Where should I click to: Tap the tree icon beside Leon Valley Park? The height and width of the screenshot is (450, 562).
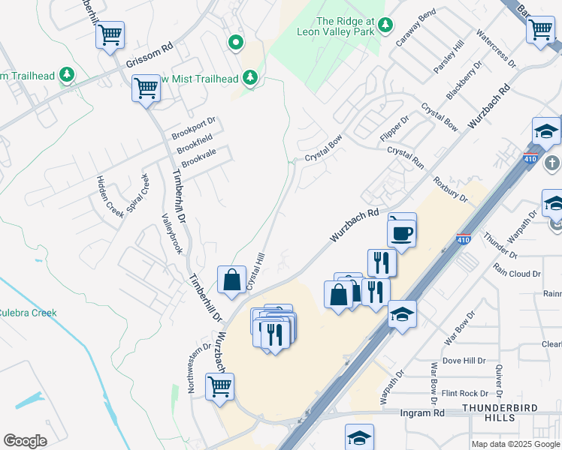tap(385, 25)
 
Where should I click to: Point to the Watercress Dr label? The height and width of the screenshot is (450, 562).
tap(496, 49)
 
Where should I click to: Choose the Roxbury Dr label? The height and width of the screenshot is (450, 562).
tap(450, 190)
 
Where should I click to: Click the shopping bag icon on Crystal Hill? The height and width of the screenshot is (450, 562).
tap(231, 280)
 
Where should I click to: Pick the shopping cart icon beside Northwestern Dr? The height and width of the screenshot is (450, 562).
tap(219, 387)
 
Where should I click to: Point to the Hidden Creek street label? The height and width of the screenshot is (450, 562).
tap(109, 194)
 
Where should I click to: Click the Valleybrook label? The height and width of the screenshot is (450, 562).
tap(172, 233)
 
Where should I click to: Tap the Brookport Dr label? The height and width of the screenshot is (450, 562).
tap(194, 127)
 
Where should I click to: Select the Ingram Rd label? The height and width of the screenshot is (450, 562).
tap(421, 413)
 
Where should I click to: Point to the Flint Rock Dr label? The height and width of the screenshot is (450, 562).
tap(464, 393)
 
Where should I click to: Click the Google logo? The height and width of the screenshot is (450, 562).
tap(25, 440)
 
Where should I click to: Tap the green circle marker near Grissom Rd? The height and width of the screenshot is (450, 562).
tap(236, 43)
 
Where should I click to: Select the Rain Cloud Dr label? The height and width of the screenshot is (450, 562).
tap(517, 274)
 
